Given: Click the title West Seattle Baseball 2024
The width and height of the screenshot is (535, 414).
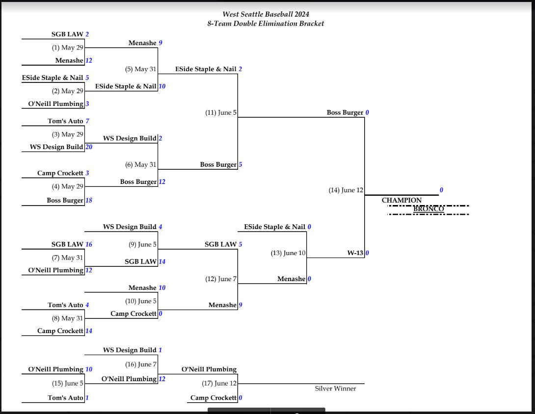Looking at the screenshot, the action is [x=266, y=14].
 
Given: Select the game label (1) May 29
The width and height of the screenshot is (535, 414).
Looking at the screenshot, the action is [x=68, y=48].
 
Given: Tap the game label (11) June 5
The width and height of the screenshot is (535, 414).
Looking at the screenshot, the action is [x=221, y=112].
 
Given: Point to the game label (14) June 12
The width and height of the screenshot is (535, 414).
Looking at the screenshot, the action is [x=346, y=190].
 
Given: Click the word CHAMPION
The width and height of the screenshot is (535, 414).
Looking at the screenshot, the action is [x=401, y=200].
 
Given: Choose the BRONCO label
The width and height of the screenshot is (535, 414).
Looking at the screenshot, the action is [x=428, y=208].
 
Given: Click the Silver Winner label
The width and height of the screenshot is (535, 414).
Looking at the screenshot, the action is [x=335, y=388].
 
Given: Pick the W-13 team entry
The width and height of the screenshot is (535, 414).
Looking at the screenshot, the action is [x=355, y=253].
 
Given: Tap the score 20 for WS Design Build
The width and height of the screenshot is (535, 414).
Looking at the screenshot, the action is [x=89, y=147].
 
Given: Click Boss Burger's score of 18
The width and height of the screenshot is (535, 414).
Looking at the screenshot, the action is [x=89, y=201].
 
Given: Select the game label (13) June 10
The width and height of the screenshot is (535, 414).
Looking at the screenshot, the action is [x=288, y=253].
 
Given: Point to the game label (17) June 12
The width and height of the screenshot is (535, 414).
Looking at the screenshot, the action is [x=219, y=383].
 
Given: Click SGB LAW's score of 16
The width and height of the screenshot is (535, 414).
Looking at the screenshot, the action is [x=89, y=244].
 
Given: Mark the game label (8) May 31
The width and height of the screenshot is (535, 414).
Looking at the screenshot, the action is [x=68, y=318].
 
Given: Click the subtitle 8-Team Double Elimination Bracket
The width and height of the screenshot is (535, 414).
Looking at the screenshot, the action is [x=266, y=24].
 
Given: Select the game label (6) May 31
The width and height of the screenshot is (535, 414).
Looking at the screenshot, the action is [x=140, y=165].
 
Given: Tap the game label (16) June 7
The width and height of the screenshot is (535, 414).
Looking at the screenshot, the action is [x=140, y=364].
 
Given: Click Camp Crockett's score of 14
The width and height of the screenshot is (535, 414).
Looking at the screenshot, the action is [x=89, y=331].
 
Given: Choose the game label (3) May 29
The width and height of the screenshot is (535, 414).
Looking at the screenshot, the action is [x=68, y=134].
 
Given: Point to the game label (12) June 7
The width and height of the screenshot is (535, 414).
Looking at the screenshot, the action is [x=221, y=279].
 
